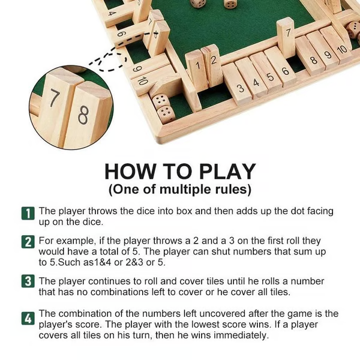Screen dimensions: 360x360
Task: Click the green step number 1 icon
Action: pyautogui.click(x=28, y=213)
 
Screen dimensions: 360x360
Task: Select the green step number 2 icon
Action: pyautogui.click(x=28, y=242)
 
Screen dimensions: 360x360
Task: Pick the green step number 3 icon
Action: pyautogui.click(x=28, y=281)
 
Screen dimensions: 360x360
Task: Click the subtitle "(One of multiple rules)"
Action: pyautogui.click(x=179, y=190)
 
